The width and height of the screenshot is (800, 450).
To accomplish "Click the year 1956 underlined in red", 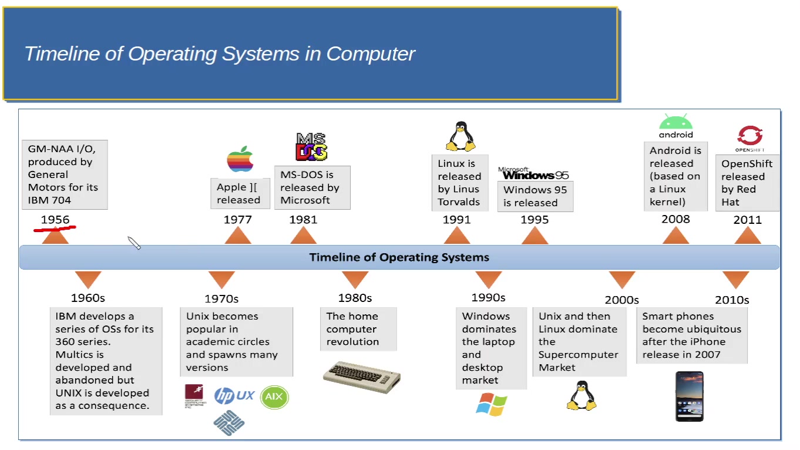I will (x=55, y=220).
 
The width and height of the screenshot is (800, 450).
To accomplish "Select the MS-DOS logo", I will (x=311, y=147).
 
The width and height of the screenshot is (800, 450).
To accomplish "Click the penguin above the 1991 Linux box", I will (x=461, y=137).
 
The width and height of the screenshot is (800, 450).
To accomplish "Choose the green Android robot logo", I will (x=675, y=125).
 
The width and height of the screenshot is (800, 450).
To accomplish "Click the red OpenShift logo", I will (x=749, y=136).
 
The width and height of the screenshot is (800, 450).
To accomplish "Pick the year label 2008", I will (x=675, y=219).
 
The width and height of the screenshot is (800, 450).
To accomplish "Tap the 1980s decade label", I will (x=355, y=298).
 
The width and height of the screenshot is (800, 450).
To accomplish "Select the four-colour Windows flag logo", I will (x=492, y=405).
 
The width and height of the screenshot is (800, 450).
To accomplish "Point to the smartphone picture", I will (x=690, y=396).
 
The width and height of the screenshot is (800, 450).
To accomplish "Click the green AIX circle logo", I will (x=274, y=397).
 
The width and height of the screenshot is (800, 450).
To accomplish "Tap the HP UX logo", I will (x=234, y=395).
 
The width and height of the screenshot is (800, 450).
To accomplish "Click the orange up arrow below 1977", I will (x=238, y=236).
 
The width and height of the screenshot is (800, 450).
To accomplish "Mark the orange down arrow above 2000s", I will (x=622, y=279).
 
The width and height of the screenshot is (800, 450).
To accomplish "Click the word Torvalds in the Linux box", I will (x=459, y=202).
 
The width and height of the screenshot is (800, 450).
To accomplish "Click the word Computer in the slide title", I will (x=371, y=53).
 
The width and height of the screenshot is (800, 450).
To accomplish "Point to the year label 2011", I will (x=747, y=220).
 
